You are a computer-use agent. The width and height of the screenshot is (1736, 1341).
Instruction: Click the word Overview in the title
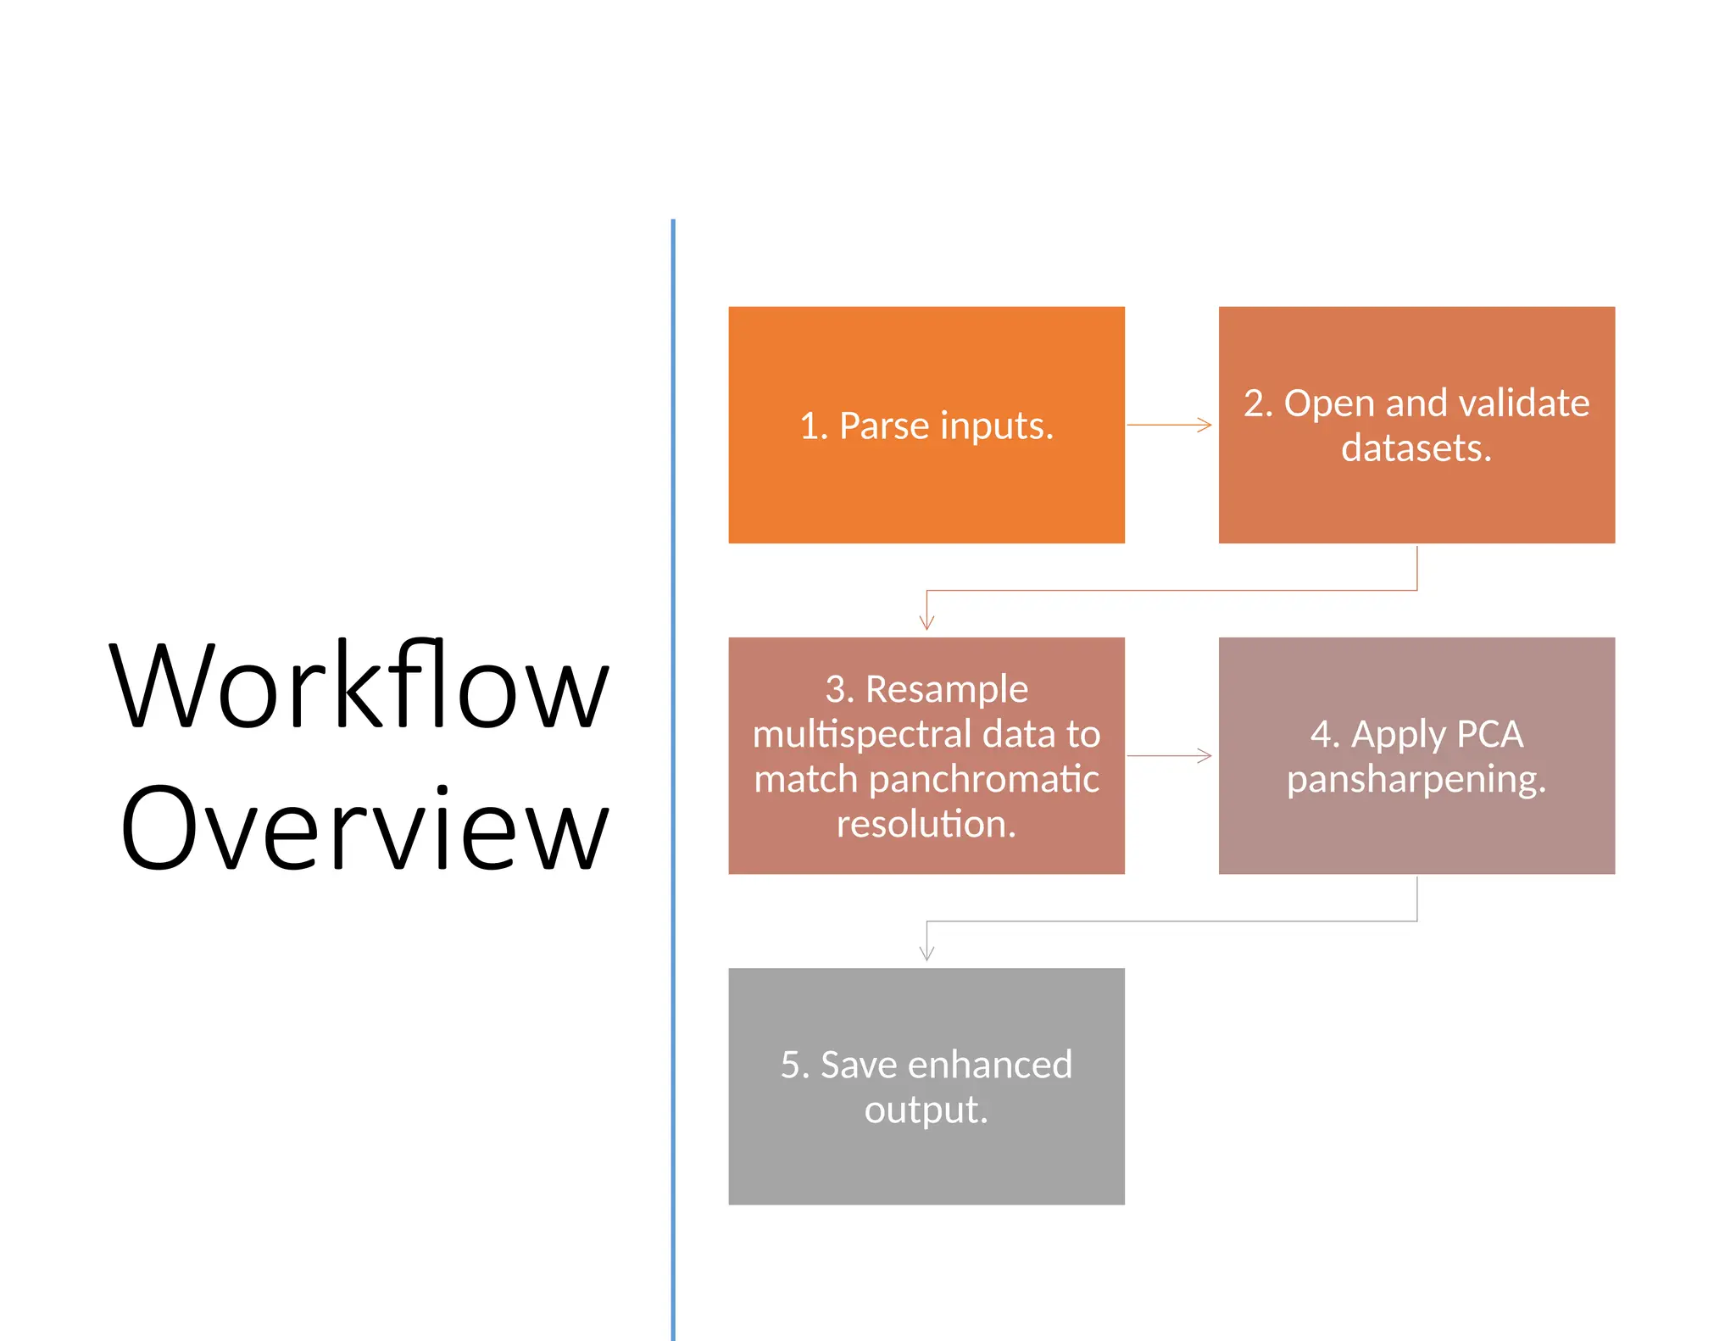(x=364, y=828)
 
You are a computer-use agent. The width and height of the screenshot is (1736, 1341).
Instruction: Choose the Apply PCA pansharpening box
(x=1416, y=831)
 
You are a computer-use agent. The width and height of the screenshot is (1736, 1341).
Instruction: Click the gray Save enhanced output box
(x=926, y=1161)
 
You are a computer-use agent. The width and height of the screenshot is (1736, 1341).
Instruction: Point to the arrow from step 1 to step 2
(x=1170, y=425)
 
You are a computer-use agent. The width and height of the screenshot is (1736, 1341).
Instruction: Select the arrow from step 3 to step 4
(x=1170, y=755)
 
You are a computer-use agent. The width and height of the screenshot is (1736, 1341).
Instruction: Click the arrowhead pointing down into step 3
(x=926, y=621)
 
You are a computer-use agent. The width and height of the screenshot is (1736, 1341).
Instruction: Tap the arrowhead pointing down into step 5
(x=926, y=952)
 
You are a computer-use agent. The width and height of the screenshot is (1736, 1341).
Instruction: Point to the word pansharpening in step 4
(x=1416, y=779)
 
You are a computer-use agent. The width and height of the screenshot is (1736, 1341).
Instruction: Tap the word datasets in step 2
(x=1416, y=448)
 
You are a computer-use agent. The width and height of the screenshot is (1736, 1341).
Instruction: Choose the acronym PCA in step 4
(x=1489, y=734)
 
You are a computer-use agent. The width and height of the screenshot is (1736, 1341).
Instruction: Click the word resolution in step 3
(x=926, y=824)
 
